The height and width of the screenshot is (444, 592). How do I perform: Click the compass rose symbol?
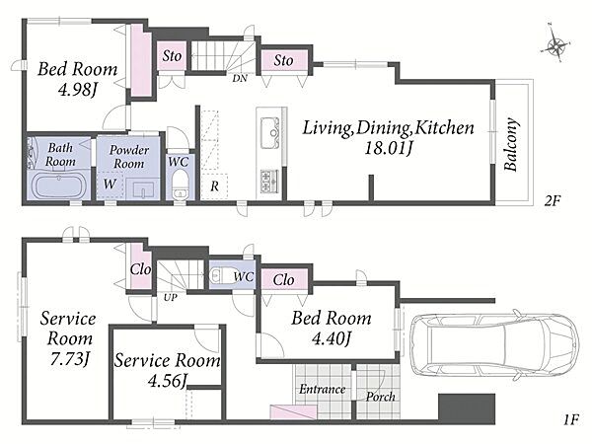(x=555, y=45)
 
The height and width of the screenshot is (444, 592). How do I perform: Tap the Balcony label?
(x=511, y=145)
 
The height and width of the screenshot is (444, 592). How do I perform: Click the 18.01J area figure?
(x=388, y=148)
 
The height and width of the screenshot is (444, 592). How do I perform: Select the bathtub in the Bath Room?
(x=60, y=185)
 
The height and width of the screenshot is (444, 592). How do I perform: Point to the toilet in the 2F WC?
(x=180, y=184)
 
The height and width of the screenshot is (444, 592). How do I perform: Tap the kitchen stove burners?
(x=268, y=181)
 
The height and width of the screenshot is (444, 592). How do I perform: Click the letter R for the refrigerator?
(x=214, y=186)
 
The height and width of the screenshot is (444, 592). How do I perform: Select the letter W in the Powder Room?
(x=110, y=185)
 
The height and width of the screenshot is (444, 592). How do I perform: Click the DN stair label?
(x=240, y=79)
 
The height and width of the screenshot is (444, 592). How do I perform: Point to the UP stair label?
(x=171, y=298)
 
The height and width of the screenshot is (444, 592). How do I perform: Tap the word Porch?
(x=381, y=397)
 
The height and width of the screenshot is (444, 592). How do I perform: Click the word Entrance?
(x=323, y=389)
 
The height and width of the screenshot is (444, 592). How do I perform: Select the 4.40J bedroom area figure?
(x=332, y=338)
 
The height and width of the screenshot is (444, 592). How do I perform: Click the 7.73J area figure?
(x=69, y=359)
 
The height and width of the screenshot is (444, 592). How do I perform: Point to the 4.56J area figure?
(x=167, y=381)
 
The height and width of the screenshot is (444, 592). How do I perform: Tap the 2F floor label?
(x=552, y=200)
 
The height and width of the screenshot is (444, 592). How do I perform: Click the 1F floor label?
(x=571, y=420)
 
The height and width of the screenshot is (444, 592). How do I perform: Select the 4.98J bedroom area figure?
(x=77, y=90)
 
